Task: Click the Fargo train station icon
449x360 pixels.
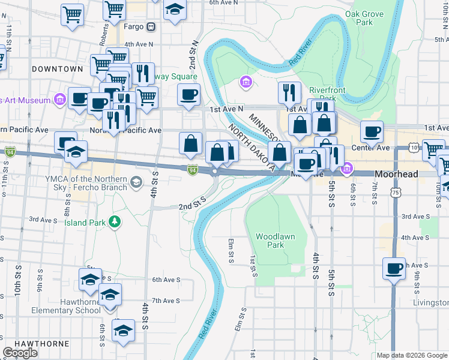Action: pos(151,26)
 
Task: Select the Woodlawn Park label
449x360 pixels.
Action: pos(275,241)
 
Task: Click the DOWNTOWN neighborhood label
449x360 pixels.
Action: pos(58,69)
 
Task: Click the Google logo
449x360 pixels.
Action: pos(20,353)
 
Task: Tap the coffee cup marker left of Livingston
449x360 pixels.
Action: pos(394,269)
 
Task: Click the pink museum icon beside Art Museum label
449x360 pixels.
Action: pos(59,99)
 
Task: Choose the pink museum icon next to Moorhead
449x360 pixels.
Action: pos(346,170)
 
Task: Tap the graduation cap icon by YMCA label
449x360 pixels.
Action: pos(137,182)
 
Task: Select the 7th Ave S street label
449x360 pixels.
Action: pos(166,300)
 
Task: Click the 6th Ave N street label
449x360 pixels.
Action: pos(223,2)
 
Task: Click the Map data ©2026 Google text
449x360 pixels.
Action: pos(411,355)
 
